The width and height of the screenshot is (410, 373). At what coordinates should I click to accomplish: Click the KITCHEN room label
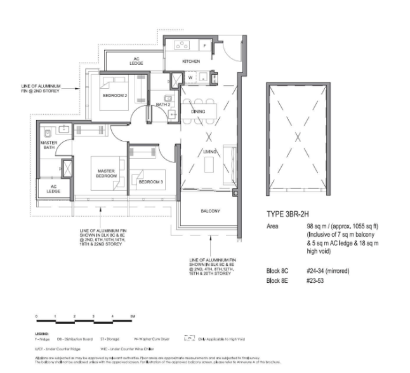[191, 62]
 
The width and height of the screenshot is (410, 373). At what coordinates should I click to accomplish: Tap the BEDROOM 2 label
[116, 96]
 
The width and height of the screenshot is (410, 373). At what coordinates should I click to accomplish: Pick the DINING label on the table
[198, 112]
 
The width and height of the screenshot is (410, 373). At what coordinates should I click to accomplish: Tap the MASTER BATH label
[49, 146]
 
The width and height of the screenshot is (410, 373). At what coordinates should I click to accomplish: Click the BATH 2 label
[162, 104]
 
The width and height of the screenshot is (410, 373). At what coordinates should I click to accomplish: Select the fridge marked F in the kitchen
[204, 45]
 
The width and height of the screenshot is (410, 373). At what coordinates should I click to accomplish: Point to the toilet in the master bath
[49, 134]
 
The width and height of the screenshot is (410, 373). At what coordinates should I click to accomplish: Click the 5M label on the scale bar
[133, 316]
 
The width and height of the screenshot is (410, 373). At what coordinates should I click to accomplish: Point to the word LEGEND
[43, 333]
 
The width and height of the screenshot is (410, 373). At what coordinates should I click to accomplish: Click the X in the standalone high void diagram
[296, 136]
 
